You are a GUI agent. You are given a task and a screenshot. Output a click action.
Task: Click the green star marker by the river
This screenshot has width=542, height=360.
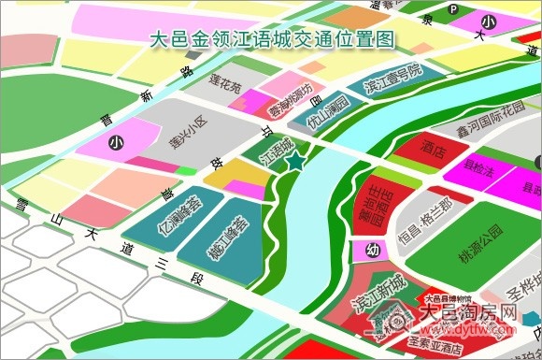[295, 163]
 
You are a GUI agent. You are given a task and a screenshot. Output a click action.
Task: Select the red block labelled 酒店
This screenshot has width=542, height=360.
[433, 148]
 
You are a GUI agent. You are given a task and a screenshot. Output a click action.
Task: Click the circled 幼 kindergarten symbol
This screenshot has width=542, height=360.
[371, 250]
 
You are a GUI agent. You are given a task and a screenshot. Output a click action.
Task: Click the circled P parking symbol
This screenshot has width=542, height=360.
[455, 8]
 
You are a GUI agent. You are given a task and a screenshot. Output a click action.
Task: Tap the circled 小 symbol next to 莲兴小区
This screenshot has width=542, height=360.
[116, 143]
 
